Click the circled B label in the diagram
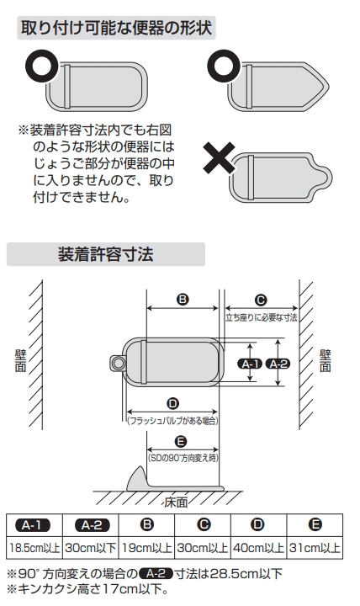[x=183, y=299]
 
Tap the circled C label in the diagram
[x=260, y=300]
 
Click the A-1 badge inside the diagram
[x=251, y=364]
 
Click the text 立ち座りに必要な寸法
[x=261, y=317]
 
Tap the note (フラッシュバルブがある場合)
[x=172, y=419]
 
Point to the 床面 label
[x=175, y=502]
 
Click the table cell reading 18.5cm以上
[x=34, y=548]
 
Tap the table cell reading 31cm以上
[x=315, y=548]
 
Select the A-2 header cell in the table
[x=90, y=525]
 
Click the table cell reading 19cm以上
[x=146, y=548]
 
